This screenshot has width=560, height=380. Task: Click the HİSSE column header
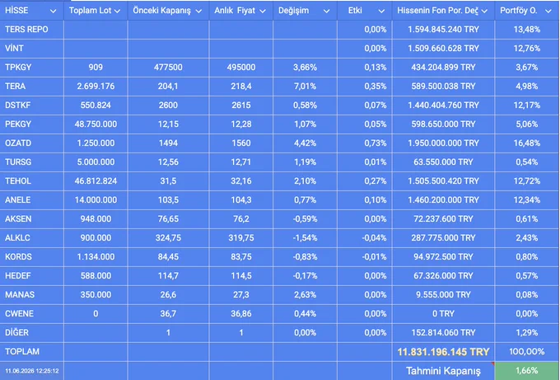point(16,11)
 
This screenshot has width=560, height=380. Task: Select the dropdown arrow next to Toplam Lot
point(117,11)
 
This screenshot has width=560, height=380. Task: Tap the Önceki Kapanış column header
point(161,11)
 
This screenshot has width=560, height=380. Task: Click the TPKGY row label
point(18,68)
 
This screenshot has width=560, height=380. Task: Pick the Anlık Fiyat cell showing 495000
point(241,68)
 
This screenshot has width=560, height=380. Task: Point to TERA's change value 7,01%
point(305,87)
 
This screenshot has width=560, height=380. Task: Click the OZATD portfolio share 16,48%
point(527,143)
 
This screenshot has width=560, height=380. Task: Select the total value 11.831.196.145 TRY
point(443,352)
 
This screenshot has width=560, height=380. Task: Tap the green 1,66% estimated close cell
point(527,371)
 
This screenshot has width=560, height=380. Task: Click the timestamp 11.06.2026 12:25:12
point(32,371)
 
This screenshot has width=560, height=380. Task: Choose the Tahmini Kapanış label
point(443,371)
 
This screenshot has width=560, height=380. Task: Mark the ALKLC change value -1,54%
point(305,237)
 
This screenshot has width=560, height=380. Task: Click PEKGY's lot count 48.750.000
point(96,124)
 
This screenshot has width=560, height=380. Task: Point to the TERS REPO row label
point(26,30)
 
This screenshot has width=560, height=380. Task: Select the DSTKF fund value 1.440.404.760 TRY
point(443,106)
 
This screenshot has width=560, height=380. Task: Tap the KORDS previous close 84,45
point(168,256)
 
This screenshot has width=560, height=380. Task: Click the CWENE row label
point(19,313)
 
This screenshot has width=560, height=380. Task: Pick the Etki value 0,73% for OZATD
point(376,143)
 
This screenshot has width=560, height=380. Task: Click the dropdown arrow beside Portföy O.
point(548,11)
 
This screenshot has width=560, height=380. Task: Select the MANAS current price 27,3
point(241,294)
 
